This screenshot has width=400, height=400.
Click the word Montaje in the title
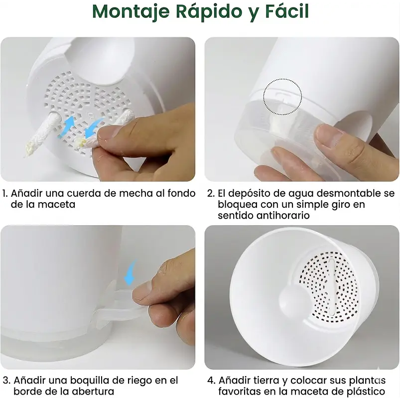tap(130, 11)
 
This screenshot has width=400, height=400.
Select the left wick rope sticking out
tap(40, 134)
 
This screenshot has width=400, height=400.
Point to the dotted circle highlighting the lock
tap(282, 96)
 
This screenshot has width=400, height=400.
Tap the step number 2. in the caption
tap(211, 193)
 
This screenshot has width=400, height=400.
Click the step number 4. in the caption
tap(211, 381)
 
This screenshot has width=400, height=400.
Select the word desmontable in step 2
tap(349, 193)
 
